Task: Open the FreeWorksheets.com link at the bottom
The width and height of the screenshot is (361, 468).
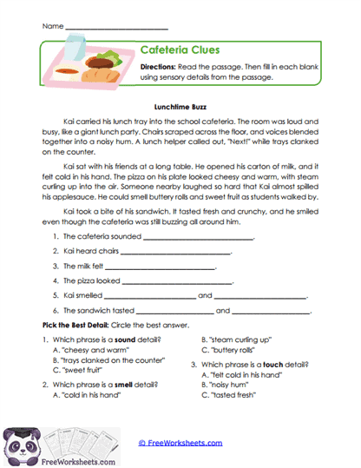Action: coord(187,443)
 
